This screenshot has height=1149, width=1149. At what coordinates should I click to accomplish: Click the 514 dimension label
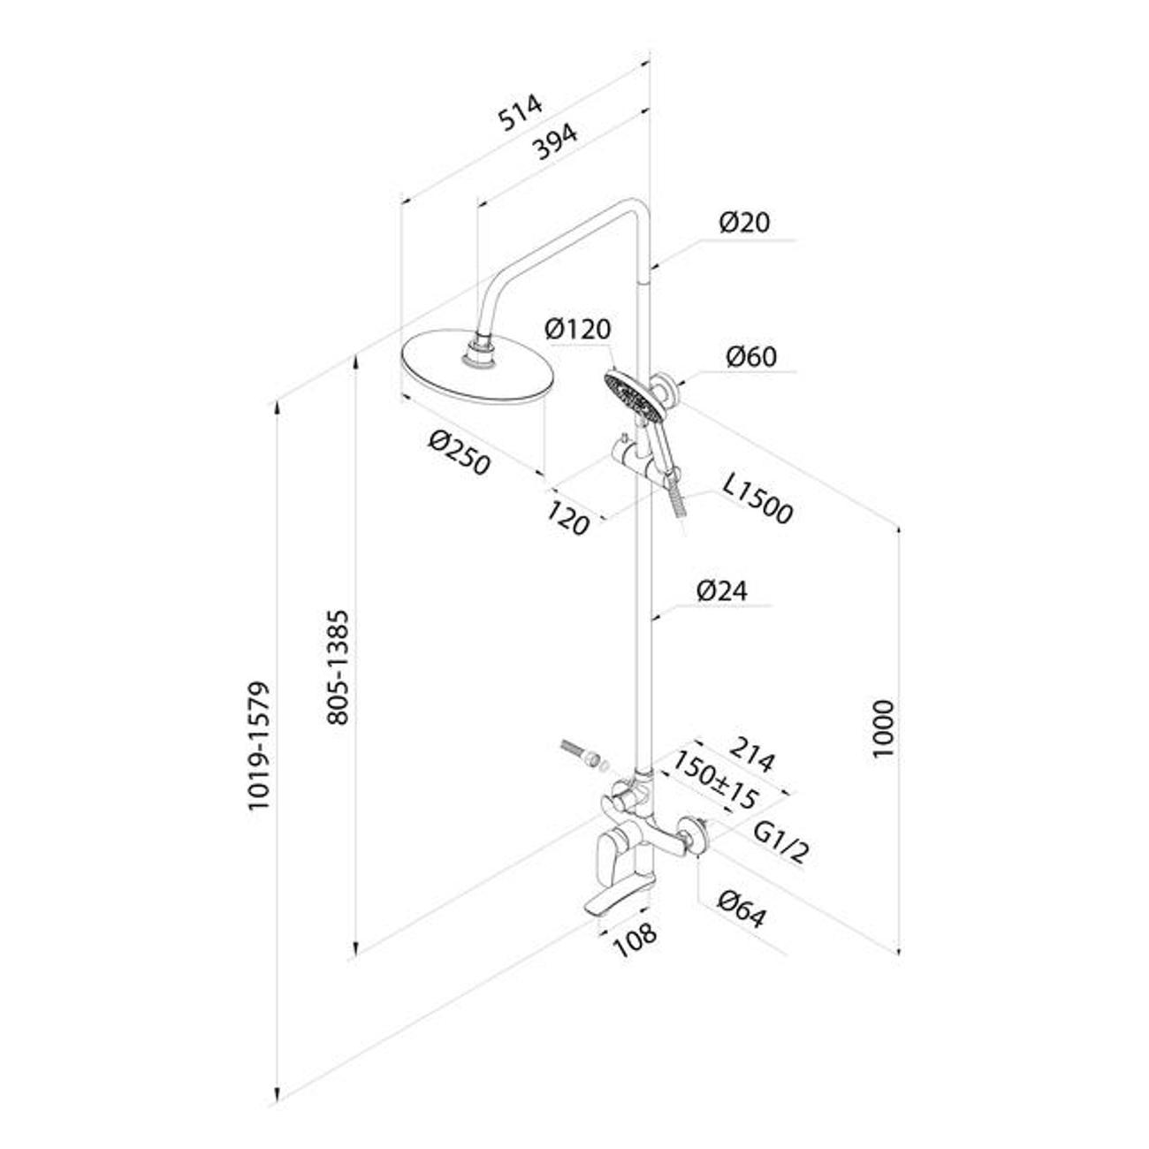520,113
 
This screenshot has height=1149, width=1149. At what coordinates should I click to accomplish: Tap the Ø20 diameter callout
743,222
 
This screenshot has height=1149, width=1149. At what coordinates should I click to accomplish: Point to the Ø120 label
578,330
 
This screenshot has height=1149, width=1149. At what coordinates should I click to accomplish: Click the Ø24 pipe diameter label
721,590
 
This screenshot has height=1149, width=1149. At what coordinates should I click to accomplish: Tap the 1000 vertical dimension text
883,728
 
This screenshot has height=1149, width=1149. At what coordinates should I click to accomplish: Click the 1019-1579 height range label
257,748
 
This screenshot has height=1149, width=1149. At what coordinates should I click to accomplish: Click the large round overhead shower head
477,369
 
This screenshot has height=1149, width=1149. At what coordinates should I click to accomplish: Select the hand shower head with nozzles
629,394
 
